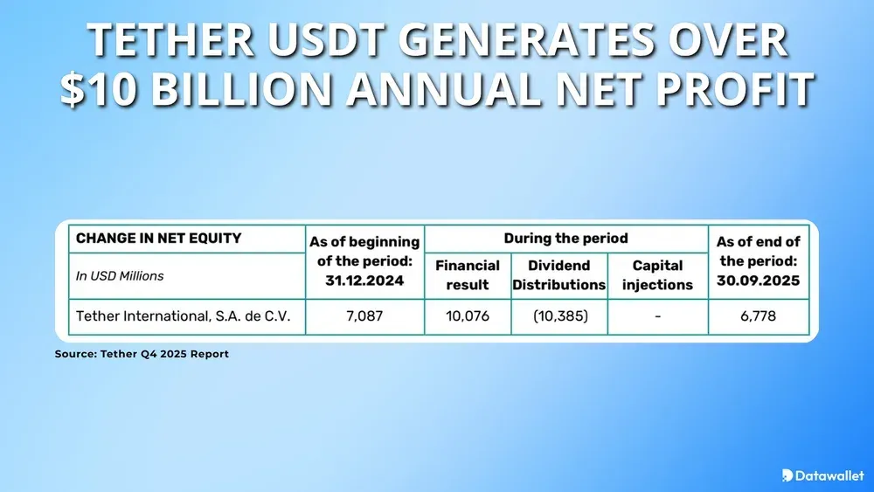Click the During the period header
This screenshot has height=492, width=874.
coord(565,238)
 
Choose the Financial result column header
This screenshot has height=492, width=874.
coord(468,274)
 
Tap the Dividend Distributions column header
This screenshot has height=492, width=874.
coord(559,274)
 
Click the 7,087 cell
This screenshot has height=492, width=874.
coord(364,316)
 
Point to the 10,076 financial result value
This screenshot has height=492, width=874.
coord(468,316)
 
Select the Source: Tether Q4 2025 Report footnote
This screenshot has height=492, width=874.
coord(142,354)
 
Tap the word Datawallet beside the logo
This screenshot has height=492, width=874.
coord(829,475)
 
